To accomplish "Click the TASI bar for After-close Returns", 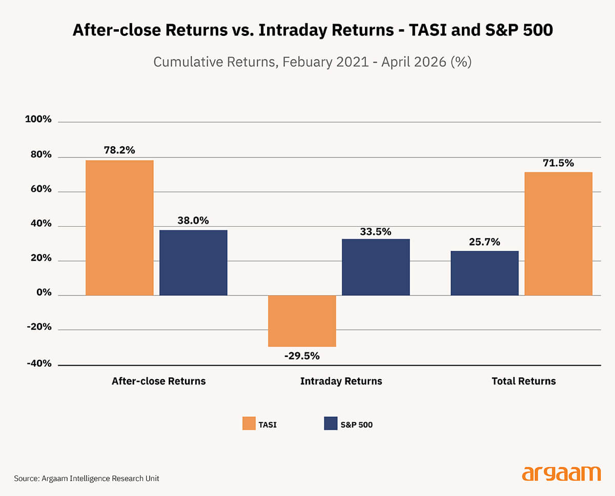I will (119, 228).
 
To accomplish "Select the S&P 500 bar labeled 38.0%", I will (193, 263).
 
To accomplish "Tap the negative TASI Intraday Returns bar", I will (302, 321).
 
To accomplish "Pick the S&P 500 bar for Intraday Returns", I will (376, 267).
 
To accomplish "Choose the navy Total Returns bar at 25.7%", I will (484, 273).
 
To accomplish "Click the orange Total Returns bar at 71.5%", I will (558, 234).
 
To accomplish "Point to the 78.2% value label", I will (119, 150).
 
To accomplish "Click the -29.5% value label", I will (302, 355).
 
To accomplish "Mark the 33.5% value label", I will (376, 232).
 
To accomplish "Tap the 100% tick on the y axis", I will (38, 120).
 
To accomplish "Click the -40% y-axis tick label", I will (39, 364).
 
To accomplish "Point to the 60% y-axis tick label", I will (40, 189).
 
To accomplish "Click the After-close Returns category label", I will (158, 381).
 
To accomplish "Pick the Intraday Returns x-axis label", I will (341, 381).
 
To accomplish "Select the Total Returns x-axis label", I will (523, 381).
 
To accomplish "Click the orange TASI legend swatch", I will (249, 423).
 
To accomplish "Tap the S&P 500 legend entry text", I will (356, 424).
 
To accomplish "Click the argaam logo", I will (561, 474).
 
